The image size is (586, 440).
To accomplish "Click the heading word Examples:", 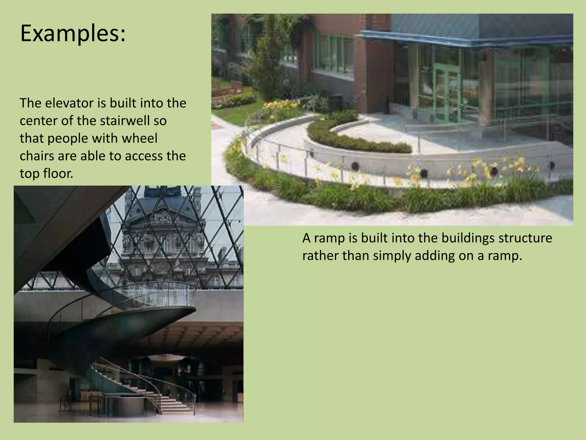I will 73,34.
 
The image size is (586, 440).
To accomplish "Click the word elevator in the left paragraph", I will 69,103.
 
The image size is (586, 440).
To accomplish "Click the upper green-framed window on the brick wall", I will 333,54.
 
